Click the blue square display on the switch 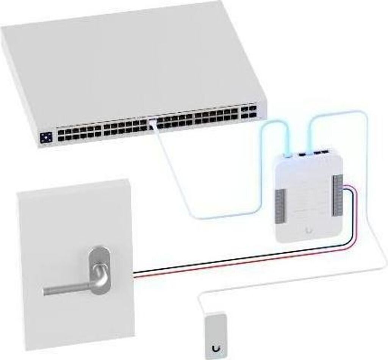click(46, 137)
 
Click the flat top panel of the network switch click(125, 61)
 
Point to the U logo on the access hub click(310, 230)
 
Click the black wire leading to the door click(227, 261)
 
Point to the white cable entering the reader click(201, 303)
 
